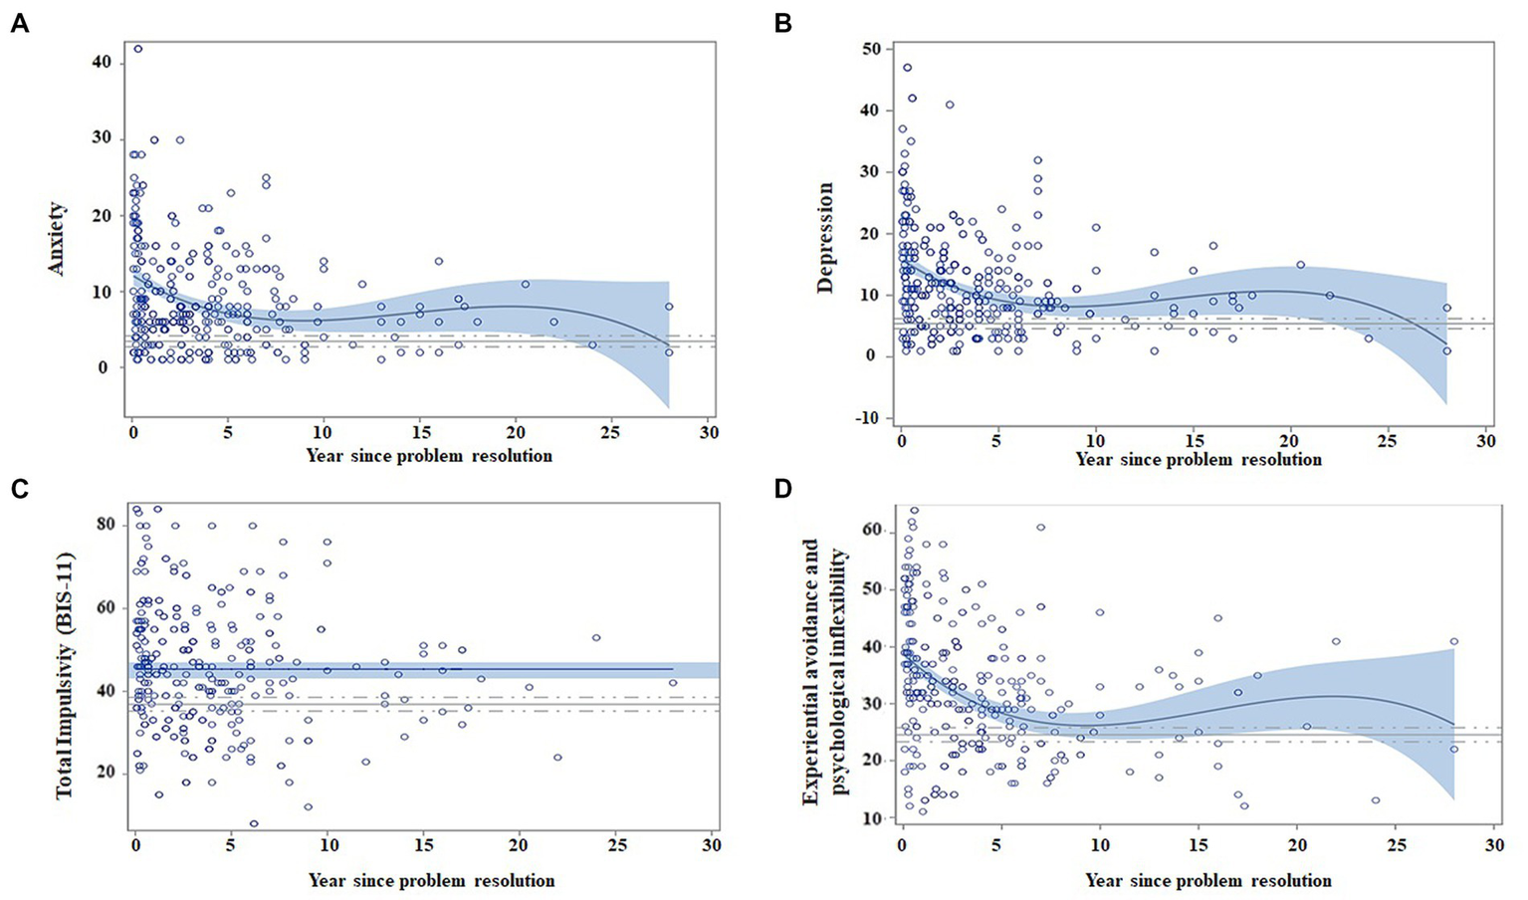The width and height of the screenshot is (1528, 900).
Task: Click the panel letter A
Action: point(19,23)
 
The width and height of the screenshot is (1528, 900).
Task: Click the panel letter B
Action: point(783,23)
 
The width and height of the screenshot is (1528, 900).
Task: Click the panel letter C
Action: point(19,489)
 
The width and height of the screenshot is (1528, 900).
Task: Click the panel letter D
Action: point(783,489)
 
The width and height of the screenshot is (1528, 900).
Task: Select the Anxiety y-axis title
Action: point(57,238)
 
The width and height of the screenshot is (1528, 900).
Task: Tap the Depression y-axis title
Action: point(824,238)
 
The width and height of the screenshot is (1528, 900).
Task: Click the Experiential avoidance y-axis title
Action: point(823,672)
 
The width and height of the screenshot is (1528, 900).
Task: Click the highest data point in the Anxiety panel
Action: point(138,49)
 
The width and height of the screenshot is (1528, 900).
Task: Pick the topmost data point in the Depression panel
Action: point(907,68)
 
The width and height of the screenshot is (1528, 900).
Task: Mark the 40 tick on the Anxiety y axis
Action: point(102,63)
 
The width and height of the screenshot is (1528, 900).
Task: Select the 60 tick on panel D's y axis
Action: point(874,531)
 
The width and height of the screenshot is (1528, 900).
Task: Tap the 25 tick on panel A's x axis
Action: point(610,433)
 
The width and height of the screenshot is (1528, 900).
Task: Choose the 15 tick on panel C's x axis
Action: point(424,844)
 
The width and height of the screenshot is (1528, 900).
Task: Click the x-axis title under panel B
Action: point(1199,460)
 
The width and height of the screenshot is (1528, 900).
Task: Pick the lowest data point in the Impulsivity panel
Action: point(254,823)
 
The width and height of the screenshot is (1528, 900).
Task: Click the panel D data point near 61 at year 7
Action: point(1040,528)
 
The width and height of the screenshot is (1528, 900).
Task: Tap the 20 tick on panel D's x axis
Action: point(1296,844)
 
